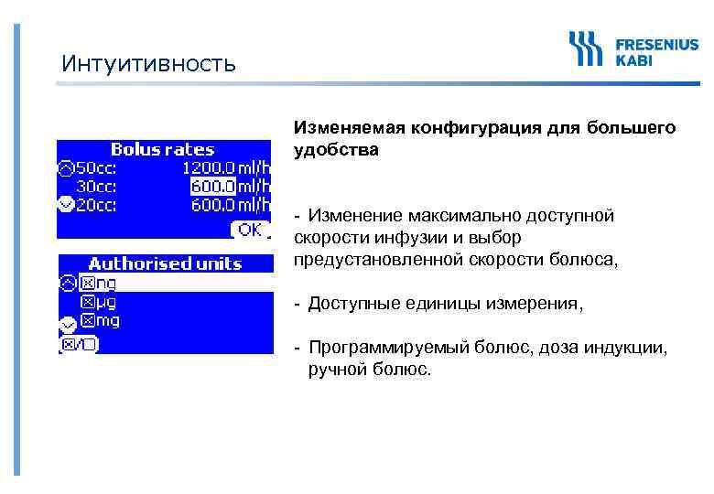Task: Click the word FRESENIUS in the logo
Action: [655, 43]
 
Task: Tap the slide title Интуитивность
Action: [148, 64]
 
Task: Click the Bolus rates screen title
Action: [162, 149]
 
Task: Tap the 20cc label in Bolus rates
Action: [96, 204]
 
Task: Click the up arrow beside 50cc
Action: [65, 167]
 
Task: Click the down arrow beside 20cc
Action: [65, 204]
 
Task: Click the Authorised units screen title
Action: [165, 263]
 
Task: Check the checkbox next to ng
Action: [87, 283]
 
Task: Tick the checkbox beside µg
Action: [87, 302]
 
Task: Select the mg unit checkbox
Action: [87, 321]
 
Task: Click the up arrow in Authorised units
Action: [67, 283]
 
